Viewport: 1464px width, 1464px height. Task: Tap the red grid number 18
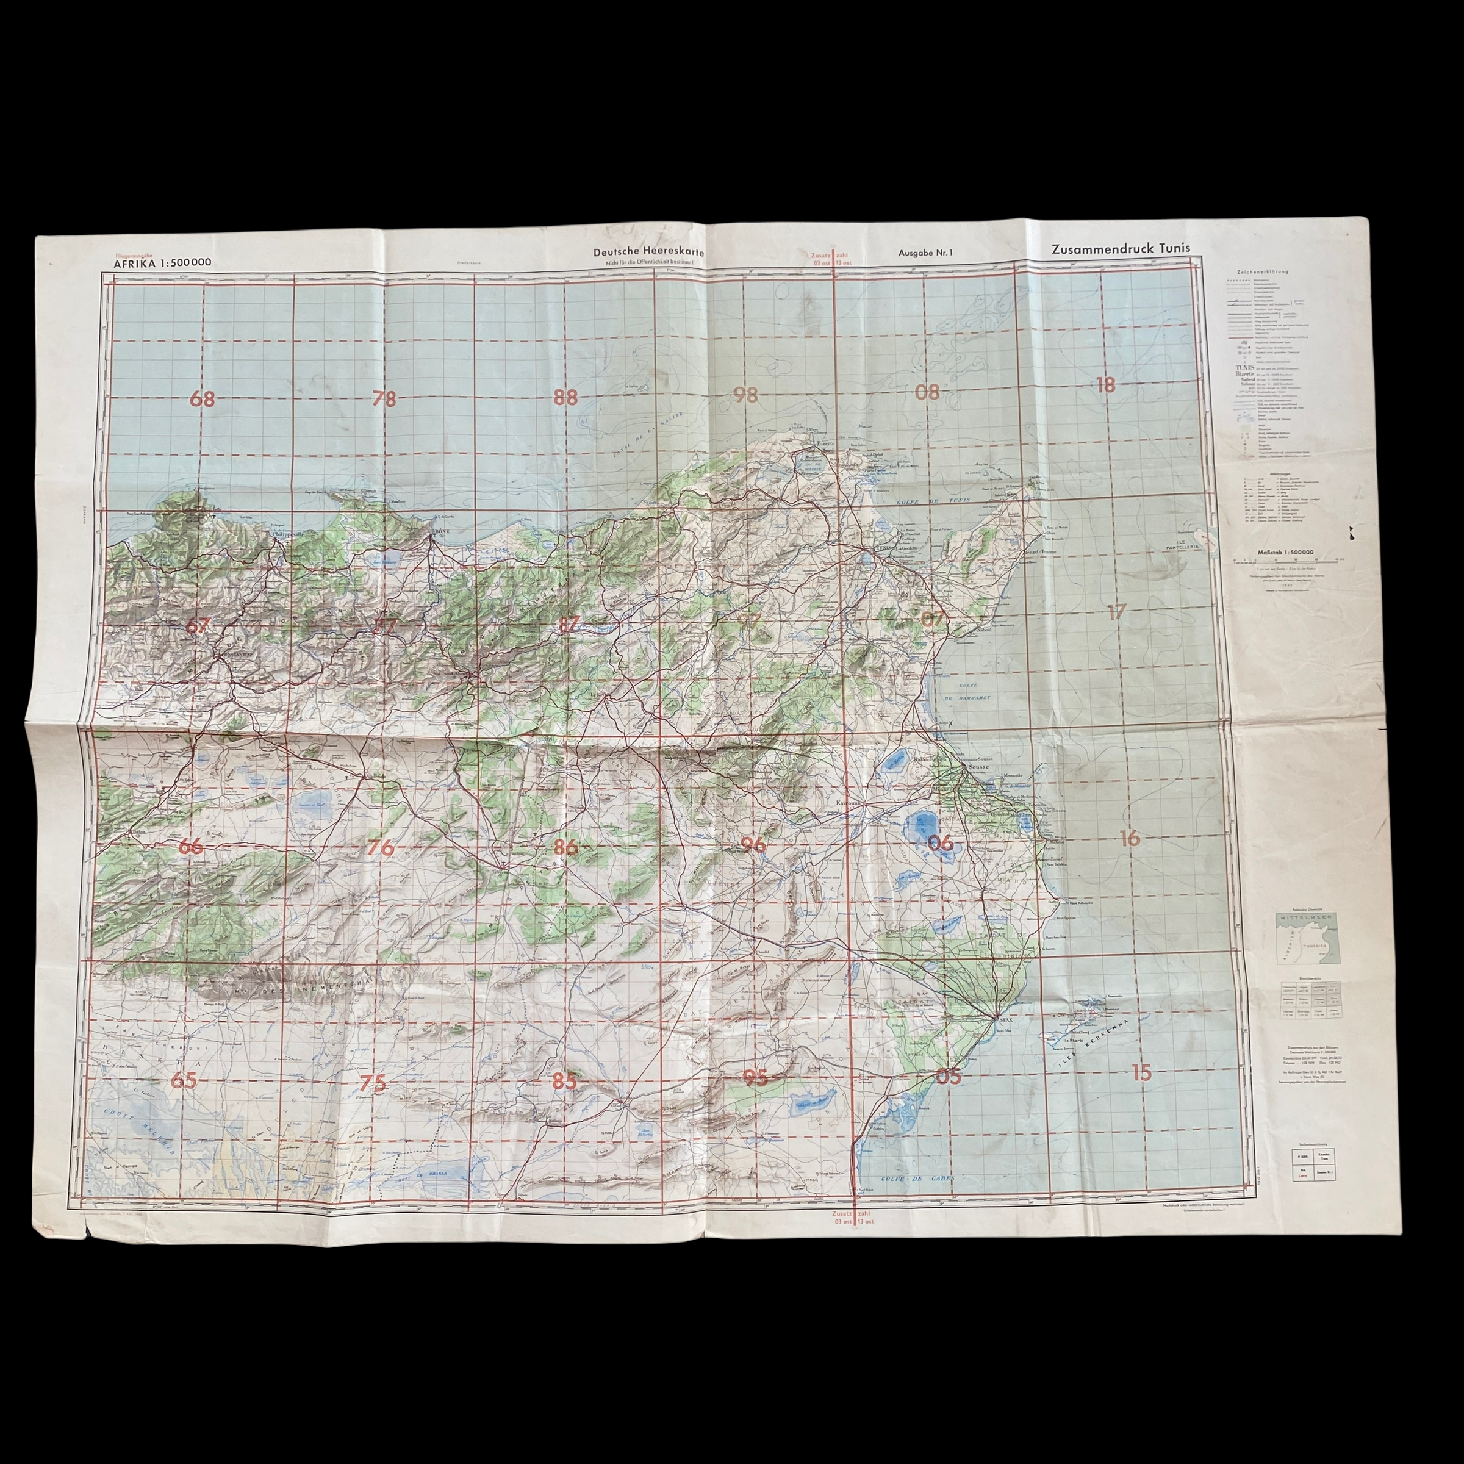[x=1105, y=385]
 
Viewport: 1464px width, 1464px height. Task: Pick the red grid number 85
[x=564, y=1082]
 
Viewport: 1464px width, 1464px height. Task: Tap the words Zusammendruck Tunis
[x=1120, y=248]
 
